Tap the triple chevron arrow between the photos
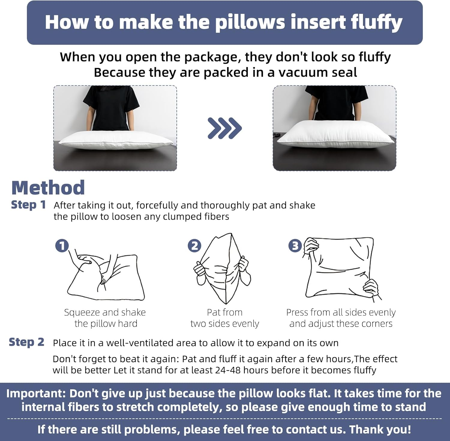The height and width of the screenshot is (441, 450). (224, 128)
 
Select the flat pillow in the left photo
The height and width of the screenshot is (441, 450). (115, 141)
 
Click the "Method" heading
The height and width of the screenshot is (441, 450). (48, 188)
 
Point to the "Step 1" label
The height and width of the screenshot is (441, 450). (28, 205)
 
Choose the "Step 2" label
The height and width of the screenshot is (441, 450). (26, 342)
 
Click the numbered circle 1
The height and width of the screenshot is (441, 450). (62, 246)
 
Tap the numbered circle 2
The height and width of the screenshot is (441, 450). (194, 246)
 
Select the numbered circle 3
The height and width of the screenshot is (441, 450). (295, 246)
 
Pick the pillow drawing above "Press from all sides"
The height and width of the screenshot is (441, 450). (340, 268)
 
